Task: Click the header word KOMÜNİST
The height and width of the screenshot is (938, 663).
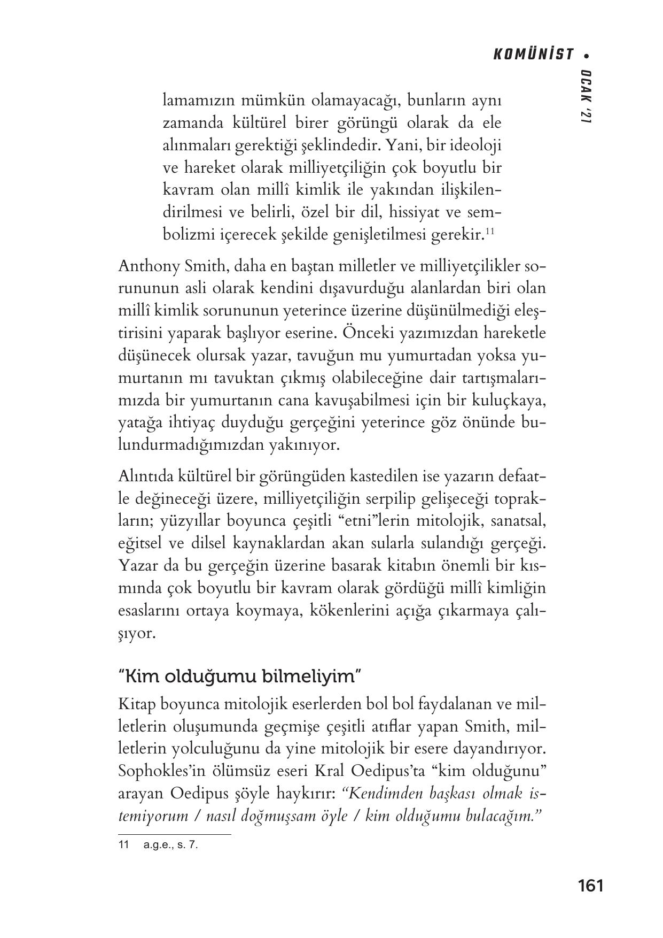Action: point(533,55)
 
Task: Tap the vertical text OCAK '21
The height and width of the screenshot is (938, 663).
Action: point(587,97)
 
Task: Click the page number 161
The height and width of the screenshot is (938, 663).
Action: point(590,886)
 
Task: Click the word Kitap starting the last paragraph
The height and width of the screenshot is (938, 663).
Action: point(136,704)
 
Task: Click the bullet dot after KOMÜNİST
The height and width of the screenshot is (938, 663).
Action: point(587,55)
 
